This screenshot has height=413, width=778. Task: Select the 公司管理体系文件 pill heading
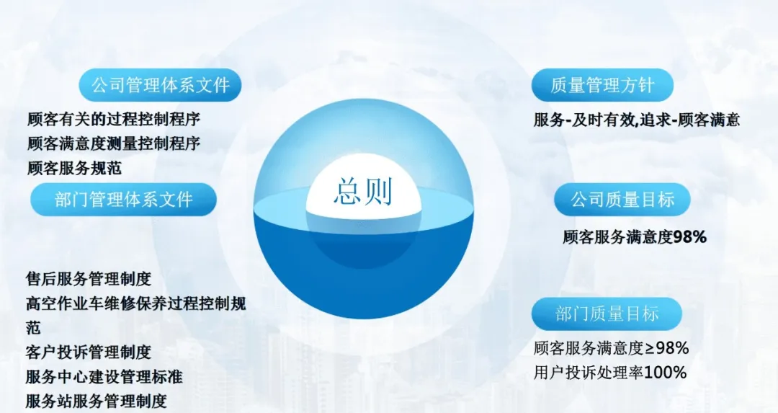pos(160,85)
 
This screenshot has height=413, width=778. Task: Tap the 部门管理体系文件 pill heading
pos(123,200)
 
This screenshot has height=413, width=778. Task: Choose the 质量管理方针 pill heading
pos(602,85)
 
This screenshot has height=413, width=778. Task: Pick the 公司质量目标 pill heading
pos(623,199)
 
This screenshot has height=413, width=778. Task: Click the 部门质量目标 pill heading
pos(607,314)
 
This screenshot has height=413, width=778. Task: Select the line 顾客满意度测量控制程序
pos(112,143)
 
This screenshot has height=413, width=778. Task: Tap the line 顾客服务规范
pos(73,168)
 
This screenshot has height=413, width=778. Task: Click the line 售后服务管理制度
pos(89,279)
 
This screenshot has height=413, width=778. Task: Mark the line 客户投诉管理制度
pos(89,352)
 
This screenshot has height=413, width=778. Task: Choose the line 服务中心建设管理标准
pos(104,376)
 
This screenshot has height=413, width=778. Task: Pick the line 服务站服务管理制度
pos(96,401)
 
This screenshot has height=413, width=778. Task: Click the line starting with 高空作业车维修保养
pos(135,303)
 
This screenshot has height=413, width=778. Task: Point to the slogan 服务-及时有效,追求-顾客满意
pos(637,120)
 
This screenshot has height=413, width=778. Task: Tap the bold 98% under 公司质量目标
pos(689,236)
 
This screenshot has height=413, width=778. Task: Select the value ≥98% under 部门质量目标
pos(666,349)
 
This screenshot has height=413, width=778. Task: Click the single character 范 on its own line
pos(33,328)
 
